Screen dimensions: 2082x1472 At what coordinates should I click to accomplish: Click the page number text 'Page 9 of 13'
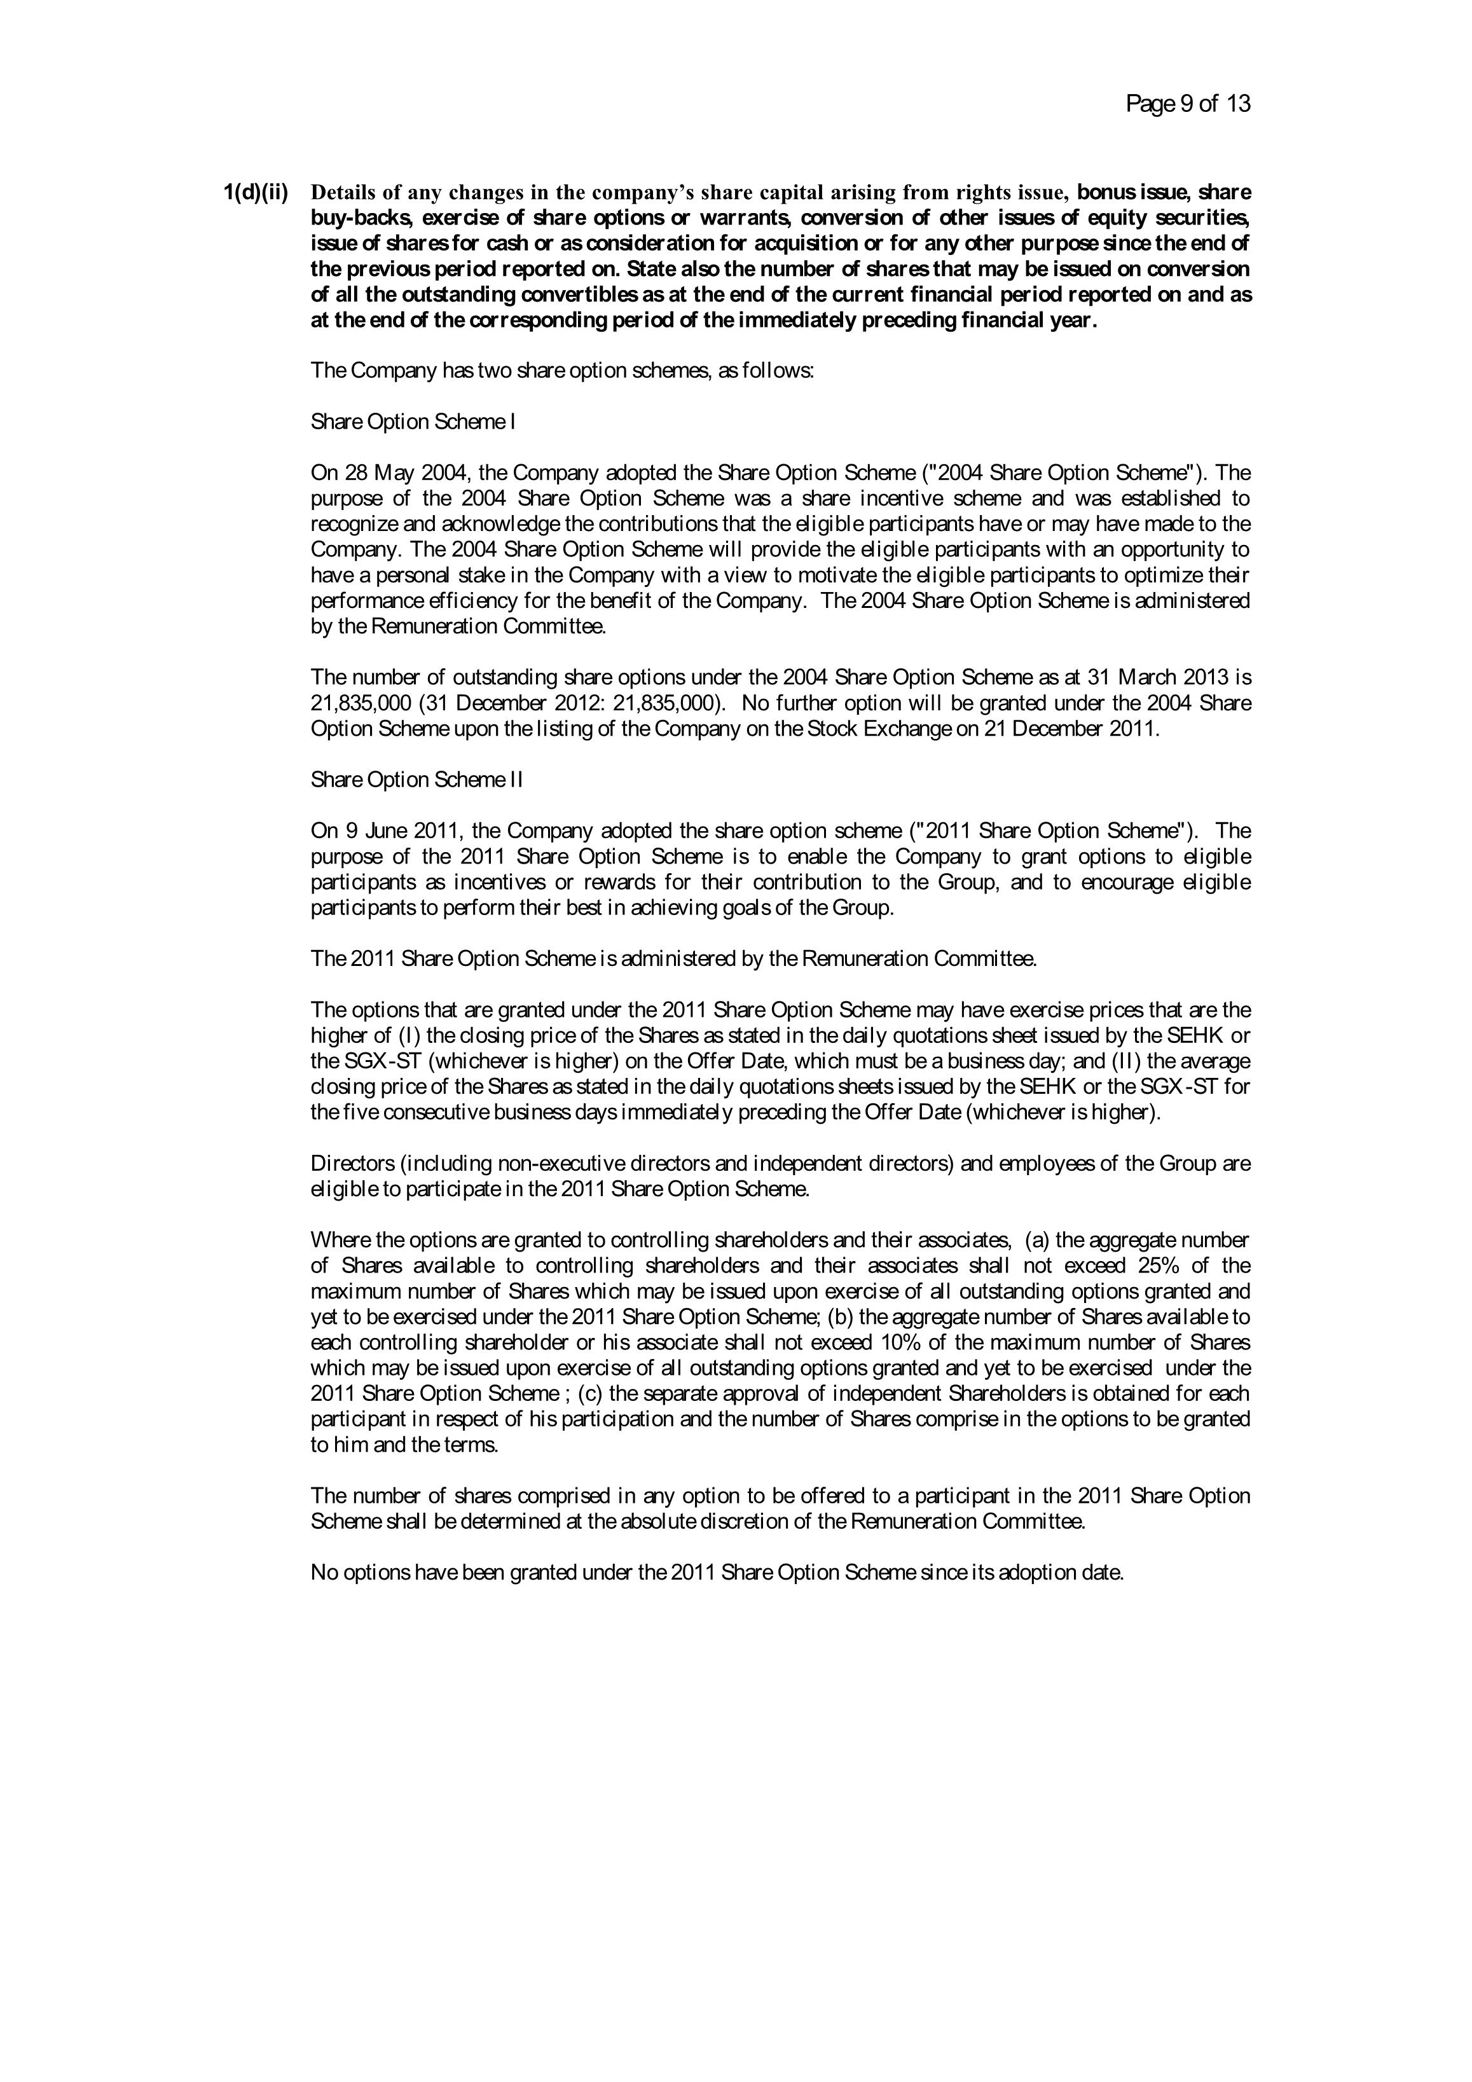(x=1187, y=104)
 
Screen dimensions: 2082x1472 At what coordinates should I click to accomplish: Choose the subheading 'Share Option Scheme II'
(x=416, y=780)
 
